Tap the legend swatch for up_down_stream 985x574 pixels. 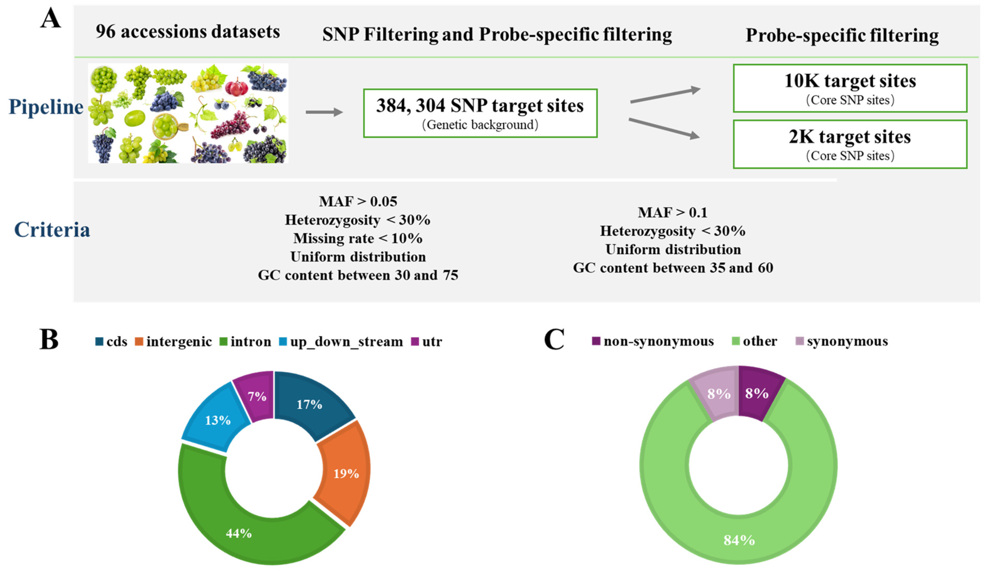283,342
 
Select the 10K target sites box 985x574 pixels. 850,88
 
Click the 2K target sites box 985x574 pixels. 850,144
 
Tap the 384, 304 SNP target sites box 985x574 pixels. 480,113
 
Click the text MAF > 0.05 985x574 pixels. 358,201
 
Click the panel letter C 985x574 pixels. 554,339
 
